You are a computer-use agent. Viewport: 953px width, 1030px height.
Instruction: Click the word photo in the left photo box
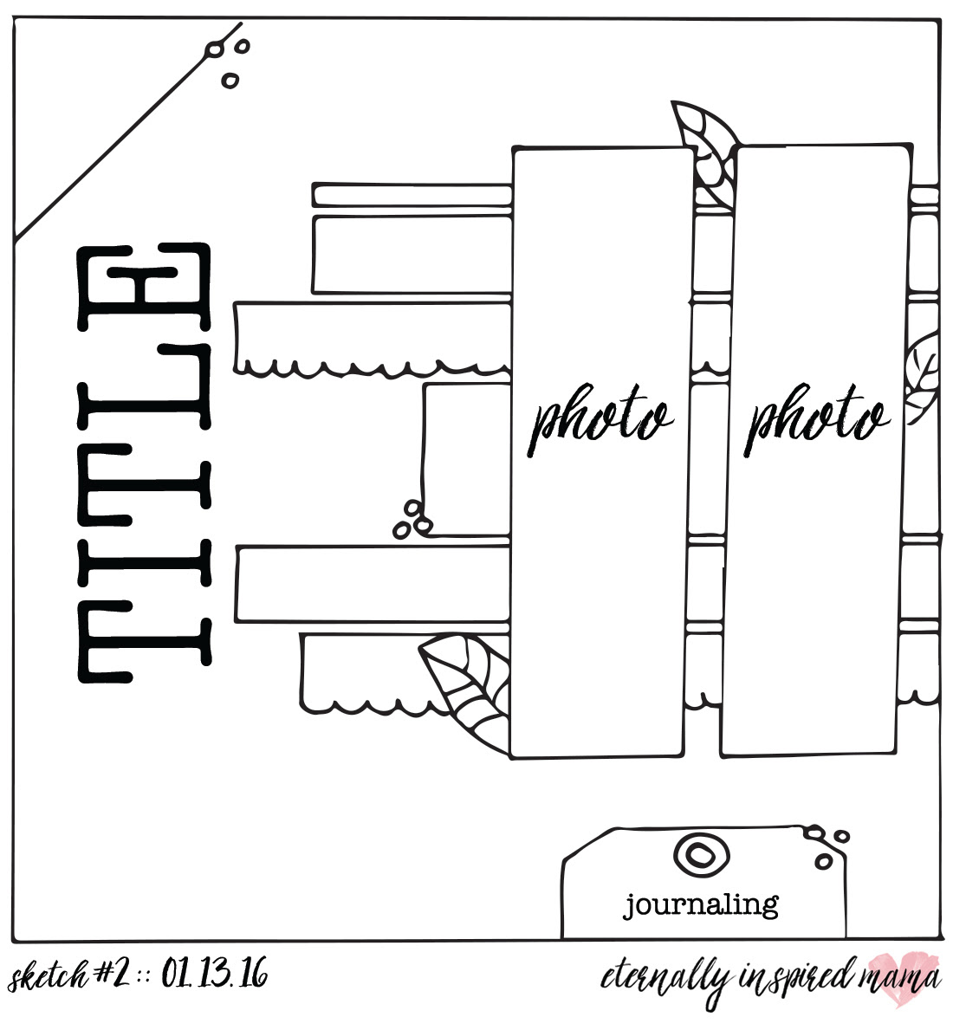tap(600, 420)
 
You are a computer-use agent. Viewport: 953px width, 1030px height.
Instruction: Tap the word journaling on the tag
tap(701, 906)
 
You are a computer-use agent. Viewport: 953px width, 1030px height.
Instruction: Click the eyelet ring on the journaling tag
tap(702, 854)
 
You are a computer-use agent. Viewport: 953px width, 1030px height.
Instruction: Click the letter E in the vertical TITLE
tap(145, 288)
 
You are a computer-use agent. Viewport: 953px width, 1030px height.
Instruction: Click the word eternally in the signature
tap(665, 979)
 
